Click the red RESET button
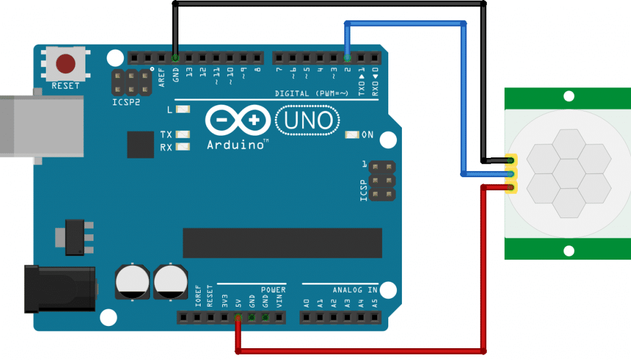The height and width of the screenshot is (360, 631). coord(66,63)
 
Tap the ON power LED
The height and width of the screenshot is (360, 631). coord(352,134)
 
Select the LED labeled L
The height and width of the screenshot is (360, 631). coord(183,110)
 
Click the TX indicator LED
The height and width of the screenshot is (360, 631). coord(183,134)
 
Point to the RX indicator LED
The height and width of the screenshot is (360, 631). coord(183,147)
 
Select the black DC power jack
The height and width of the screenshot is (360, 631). coord(59,289)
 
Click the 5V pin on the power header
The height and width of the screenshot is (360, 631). coord(238,318)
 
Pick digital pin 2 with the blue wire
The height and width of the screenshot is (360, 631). coord(347,58)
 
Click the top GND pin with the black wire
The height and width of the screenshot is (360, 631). coord(175,58)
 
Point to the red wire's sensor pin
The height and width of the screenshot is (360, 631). coord(511,188)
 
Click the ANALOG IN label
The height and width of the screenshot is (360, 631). coord(355,290)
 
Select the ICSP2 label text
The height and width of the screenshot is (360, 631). coord(126,101)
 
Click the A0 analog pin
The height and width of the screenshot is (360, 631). coord(307,318)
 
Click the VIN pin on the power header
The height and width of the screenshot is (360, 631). coord(279,318)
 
